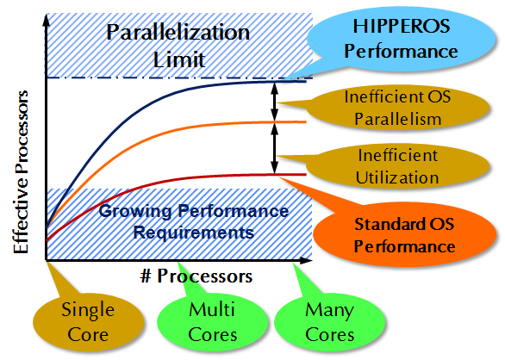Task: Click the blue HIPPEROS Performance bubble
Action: tap(401, 40)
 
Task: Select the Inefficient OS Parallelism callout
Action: tap(396, 109)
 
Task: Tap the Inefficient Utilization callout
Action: tap(396, 167)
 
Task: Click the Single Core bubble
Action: tap(88, 322)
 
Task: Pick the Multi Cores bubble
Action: tap(212, 322)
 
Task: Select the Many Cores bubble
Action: tap(329, 322)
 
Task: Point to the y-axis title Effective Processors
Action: tap(22, 172)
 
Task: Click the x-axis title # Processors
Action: tap(196, 276)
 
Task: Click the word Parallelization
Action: tap(178, 32)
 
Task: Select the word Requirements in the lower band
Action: tap(194, 233)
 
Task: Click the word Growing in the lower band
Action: tap(135, 212)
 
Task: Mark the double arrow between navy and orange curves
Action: tap(274, 102)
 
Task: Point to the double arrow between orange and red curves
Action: tap(274, 148)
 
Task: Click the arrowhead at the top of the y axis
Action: tap(47, 20)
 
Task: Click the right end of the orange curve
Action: tap(306, 121)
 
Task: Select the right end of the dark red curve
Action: tap(306, 175)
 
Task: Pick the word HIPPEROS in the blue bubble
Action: tap(402, 26)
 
